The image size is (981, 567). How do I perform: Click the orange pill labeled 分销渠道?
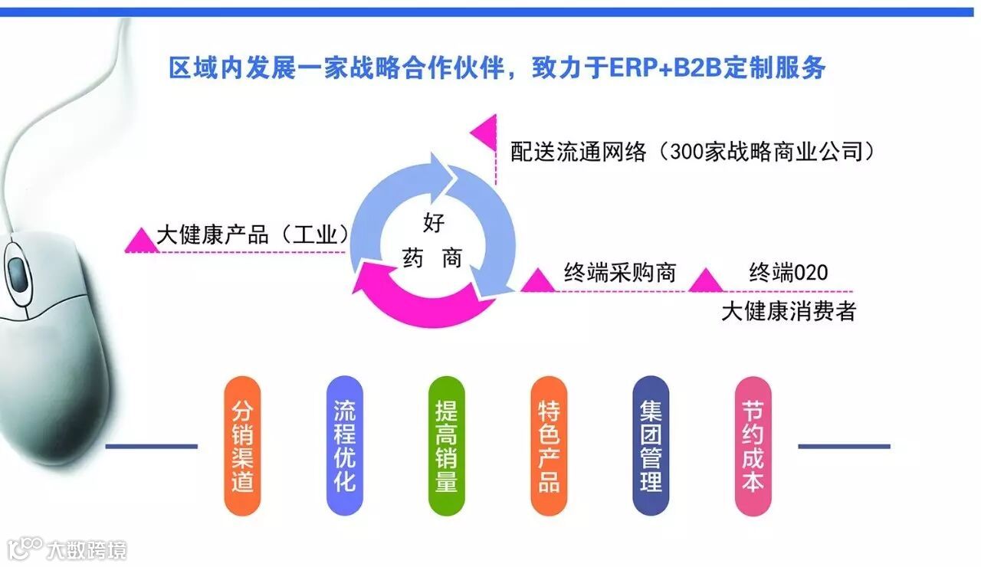point(242,445)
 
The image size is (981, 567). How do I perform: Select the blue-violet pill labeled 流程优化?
point(344,445)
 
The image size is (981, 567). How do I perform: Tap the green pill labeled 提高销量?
point(446,445)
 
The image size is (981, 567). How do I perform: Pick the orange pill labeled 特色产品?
point(549,445)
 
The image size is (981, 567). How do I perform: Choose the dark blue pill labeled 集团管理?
point(651,445)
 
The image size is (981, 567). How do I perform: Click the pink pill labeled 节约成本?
point(753,445)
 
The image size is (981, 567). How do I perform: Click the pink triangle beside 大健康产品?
point(140,240)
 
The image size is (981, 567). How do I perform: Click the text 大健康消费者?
point(789,312)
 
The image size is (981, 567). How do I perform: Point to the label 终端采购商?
point(620,273)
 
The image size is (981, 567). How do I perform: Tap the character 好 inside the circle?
point(433,224)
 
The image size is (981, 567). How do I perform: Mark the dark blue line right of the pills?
point(844,446)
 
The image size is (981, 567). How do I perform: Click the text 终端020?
point(789,273)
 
